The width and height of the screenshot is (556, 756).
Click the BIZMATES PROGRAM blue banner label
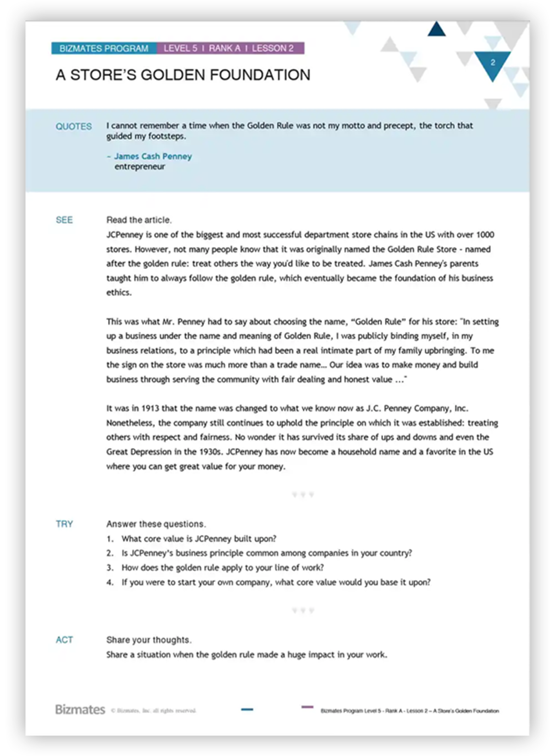[x=104, y=48]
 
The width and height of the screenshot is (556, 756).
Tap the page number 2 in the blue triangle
[x=493, y=63]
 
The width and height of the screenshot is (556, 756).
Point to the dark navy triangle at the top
[x=436, y=30]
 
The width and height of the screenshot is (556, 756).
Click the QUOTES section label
[x=74, y=126]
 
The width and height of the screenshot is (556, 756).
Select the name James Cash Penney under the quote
[x=153, y=156]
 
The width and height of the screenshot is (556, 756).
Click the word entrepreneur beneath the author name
[x=139, y=167]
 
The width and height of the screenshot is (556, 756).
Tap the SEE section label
[x=64, y=220]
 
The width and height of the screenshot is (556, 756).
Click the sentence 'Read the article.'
[x=139, y=220]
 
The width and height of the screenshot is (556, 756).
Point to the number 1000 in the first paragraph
[x=485, y=234]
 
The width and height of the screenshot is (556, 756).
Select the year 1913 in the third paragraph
[x=150, y=408]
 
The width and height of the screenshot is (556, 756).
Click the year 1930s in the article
[x=210, y=452]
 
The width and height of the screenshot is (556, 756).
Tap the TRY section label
[x=64, y=524]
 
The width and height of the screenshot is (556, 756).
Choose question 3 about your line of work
[x=222, y=568]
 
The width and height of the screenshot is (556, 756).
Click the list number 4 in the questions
[x=110, y=582]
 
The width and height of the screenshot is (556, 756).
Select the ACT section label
[x=64, y=640]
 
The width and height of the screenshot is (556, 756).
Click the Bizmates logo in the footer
[x=80, y=709]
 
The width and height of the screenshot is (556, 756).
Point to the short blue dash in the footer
[x=247, y=709]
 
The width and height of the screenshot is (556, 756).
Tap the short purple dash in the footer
[x=307, y=707]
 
